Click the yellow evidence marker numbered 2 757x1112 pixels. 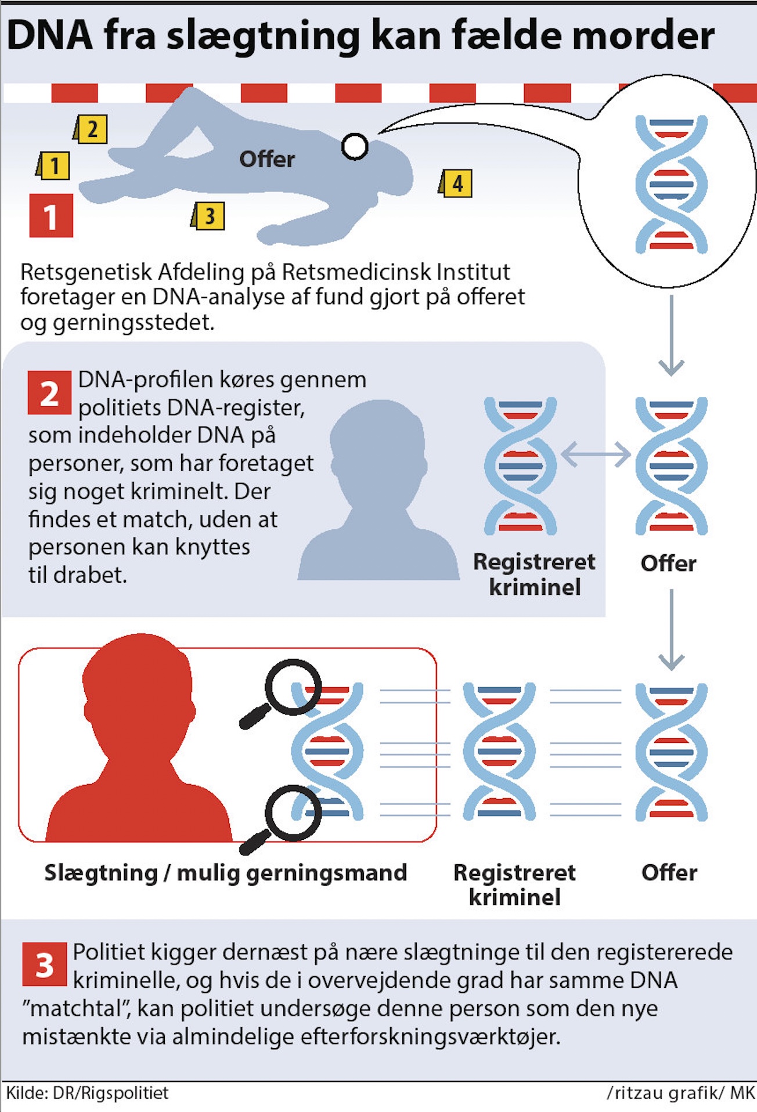point(91,129)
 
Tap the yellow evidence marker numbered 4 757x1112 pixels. point(456,183)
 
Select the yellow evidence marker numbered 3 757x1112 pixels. point(208,216)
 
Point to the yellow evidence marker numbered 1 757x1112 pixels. point(54,166)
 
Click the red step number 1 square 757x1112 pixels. point(51,216)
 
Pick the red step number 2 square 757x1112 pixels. point(49,393)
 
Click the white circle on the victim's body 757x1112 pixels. point(355,146)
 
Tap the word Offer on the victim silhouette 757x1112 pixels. point(267,159)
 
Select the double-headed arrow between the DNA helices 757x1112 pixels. point(596,454)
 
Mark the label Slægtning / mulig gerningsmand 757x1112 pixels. point(226,872)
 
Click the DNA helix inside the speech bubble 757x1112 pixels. point(671,184)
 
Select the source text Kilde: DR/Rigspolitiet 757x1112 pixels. point(87,1093)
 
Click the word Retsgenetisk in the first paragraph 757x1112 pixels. point(86,272)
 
